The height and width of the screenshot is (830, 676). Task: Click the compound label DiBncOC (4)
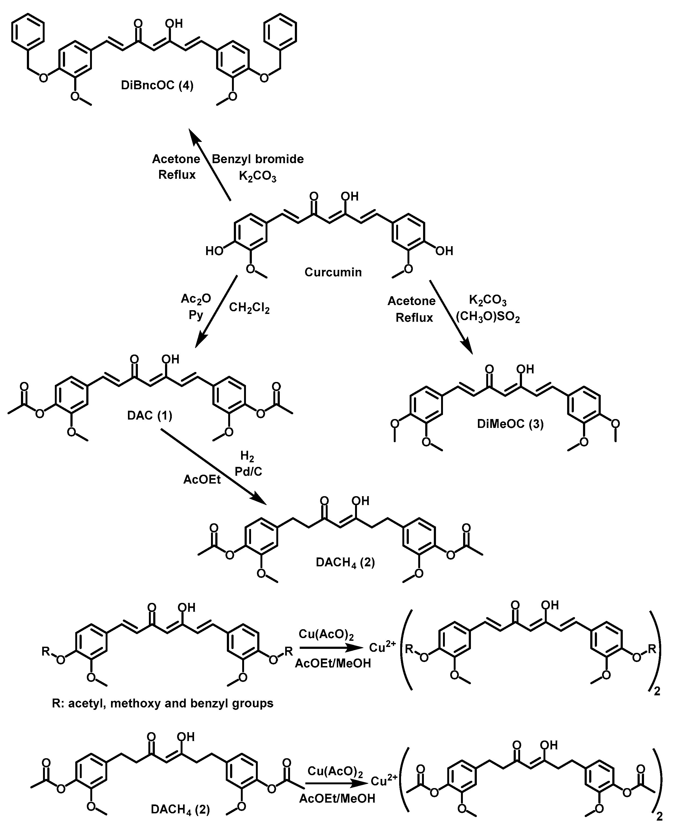157,85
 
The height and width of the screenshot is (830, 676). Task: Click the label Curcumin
333,272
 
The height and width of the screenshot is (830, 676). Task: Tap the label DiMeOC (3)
510,424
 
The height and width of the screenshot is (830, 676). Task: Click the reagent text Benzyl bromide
257,159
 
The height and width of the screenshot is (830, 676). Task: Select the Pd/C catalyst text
248,471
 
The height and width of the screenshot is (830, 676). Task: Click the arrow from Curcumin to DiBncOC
210,166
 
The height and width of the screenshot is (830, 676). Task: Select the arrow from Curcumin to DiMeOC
451,316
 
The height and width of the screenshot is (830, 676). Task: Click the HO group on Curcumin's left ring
214,251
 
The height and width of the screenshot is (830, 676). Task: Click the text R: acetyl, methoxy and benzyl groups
163,703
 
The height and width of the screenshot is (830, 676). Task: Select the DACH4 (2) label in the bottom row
180,809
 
